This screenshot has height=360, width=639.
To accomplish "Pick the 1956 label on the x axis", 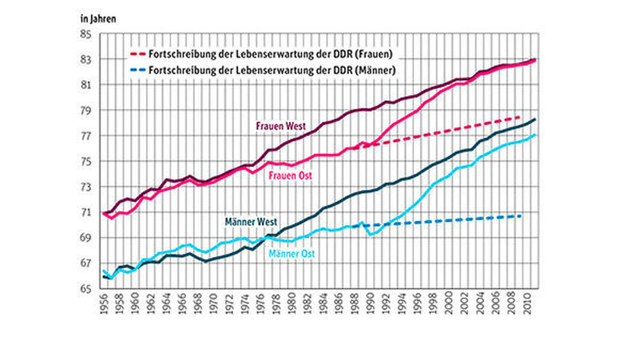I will (x=105, y=306).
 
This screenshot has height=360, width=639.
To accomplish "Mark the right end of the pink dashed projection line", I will (x=521, y=117).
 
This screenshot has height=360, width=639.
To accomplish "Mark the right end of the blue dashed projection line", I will (x=521, y=216).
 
